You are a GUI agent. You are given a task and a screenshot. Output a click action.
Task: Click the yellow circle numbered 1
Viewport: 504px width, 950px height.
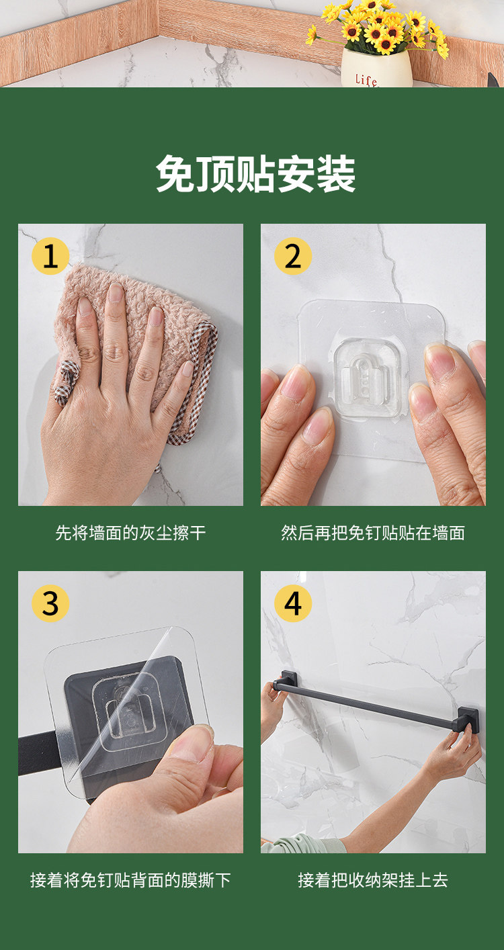(x=50, y=256)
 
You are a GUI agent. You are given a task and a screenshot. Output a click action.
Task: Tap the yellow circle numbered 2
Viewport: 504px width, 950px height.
(x=293, y=256)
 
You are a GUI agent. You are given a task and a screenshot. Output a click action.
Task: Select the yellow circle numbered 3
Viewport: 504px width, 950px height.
(x=50, y=603)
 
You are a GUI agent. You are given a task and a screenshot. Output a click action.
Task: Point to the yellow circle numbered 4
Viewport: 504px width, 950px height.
(x=293, y=603)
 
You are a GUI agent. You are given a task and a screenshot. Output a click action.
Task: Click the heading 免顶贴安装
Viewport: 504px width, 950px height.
(x=255, y=174)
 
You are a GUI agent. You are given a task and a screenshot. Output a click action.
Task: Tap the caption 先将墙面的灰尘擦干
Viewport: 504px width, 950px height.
(x=130, y=533)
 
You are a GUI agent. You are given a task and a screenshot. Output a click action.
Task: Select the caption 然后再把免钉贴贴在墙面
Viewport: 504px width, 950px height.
(x=373, y=533)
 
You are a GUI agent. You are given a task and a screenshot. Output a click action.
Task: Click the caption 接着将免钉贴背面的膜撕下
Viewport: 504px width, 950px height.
(x=130, y=880)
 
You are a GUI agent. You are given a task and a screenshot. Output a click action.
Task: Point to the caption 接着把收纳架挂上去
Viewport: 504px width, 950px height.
(x=373, y=880)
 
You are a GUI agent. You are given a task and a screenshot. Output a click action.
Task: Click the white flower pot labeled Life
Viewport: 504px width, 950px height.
(x=377, y=69)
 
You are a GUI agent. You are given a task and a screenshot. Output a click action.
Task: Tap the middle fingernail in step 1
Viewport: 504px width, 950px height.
(x=116, y=294)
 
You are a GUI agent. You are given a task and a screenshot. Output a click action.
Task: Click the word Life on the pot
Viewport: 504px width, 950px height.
(x=366, y=79)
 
